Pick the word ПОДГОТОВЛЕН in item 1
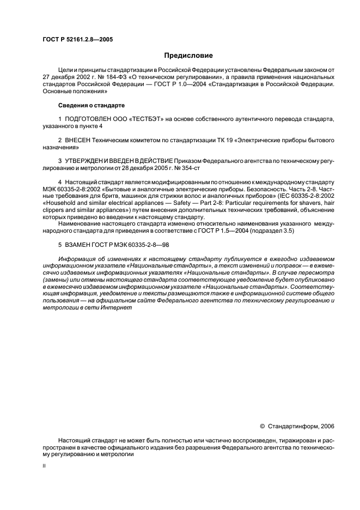pyautogui.click(x=88, y=118)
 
